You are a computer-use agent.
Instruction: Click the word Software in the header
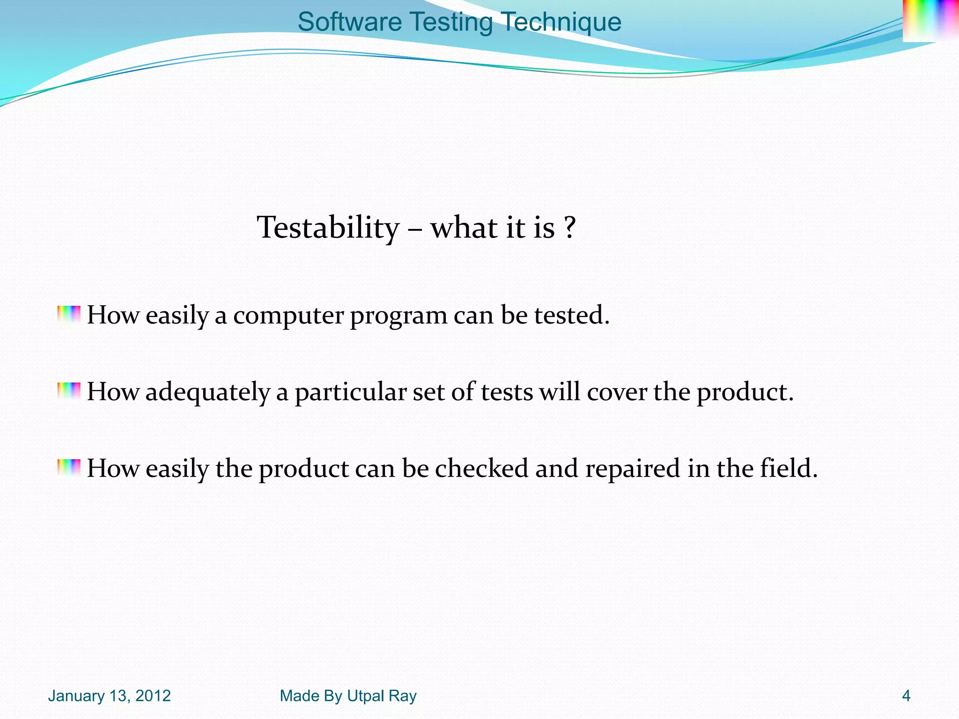click(349, 22)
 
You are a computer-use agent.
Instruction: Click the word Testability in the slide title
click(328, 228)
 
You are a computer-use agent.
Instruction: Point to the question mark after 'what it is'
click(569, 228)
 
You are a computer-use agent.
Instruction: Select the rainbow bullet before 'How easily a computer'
click(69, 315)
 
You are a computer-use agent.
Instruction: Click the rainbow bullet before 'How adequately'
click(69, 391)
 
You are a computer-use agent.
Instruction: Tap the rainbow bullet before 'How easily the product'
click(69, 468)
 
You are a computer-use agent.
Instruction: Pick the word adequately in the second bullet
click(207, 392)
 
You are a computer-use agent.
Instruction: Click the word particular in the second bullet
click(350, 392)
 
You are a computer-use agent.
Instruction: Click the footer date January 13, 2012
click(109, 696)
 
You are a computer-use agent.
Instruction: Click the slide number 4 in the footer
click(906, 696)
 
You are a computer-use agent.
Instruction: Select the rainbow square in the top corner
click(930, 21)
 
